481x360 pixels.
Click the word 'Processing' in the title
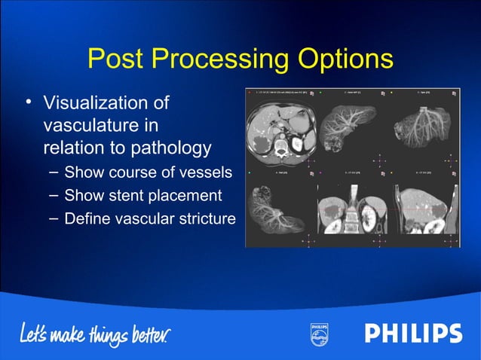[223, 59]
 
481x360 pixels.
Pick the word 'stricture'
[204, 219]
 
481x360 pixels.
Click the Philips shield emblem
[319, 334]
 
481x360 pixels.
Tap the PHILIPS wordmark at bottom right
[413, 334]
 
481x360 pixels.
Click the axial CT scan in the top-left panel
[281, 132]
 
